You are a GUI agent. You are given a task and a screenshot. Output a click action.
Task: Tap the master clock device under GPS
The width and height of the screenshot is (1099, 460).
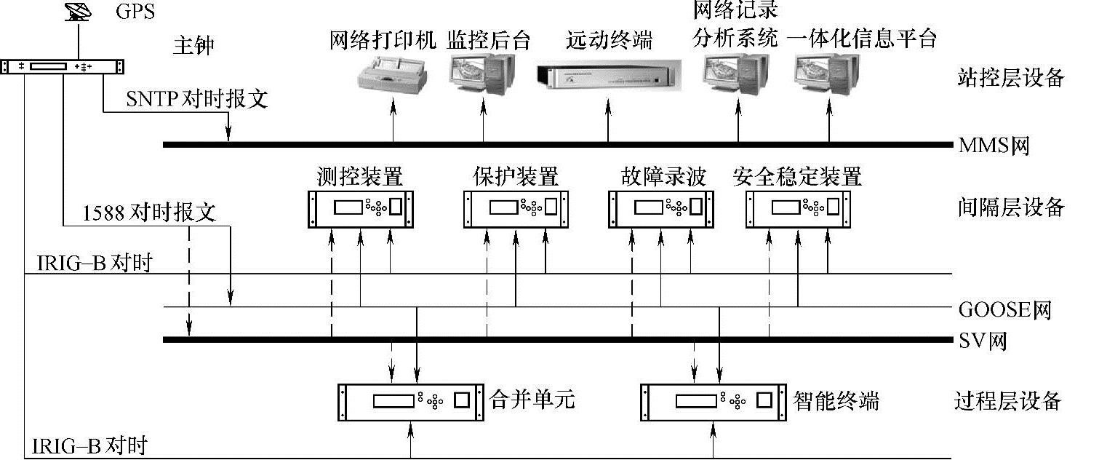click(x=61, y=66)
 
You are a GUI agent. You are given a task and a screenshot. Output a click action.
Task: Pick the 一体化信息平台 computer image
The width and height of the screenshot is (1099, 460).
click(x=828, y=72)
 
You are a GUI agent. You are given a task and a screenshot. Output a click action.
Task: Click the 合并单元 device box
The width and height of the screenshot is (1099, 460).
click(x=411, y=400)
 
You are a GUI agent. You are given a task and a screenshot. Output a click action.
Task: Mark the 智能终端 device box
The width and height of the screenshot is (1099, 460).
click(x=714, y=400)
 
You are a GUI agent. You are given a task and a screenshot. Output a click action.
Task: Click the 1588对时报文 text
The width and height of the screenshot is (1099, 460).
click(x=149, y=213)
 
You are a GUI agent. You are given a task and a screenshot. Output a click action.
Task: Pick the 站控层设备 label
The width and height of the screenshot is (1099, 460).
click(x=1010, y=78)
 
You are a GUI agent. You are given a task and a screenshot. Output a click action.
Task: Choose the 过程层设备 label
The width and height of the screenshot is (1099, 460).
click(x=1007, y=400)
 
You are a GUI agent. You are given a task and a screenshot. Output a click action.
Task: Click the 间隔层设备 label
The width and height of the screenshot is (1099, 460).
click(x=1010, y=208)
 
